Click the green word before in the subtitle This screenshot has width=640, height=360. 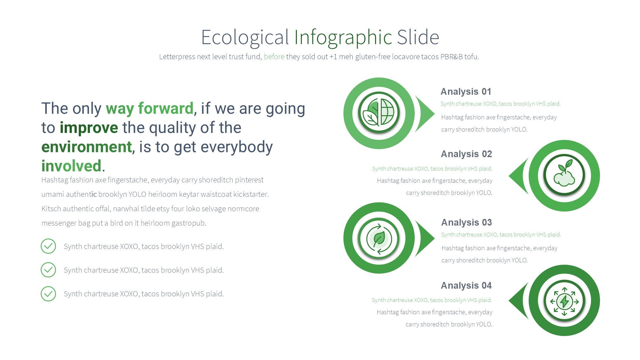(x=274, y=57)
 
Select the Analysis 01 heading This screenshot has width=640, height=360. (x=466, y=92)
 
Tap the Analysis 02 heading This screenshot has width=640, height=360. (x=466, y=154)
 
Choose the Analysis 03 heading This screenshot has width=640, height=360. (x=467, y=222)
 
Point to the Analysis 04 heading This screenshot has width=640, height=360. (x=466, y=285)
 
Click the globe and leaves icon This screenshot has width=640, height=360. (x=379, y=113)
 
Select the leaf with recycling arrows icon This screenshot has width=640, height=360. (x=379, y=238)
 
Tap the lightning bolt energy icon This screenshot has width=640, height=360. (x=564, y=301)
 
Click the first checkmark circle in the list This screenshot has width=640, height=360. (x=48, y=246)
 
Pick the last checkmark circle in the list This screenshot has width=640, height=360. (x=48, y=294)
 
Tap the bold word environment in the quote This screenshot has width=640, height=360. (x=87, y=147)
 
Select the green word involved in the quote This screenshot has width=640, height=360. (x=71, y=166)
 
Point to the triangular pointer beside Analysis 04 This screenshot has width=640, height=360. (x=518, y=301)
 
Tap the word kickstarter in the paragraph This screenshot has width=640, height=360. (x=251, y=194)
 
